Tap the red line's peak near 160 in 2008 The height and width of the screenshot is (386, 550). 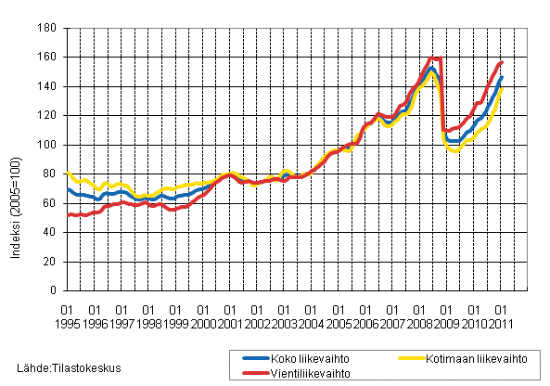(x=433, y=58)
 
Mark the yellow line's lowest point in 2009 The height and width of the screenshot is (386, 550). (x=455, y=150)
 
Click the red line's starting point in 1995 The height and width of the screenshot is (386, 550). (x=68, y=215)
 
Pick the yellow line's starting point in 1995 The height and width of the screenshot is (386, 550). (x=68, y=172)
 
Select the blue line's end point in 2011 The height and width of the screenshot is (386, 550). (x=502, y=78)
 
